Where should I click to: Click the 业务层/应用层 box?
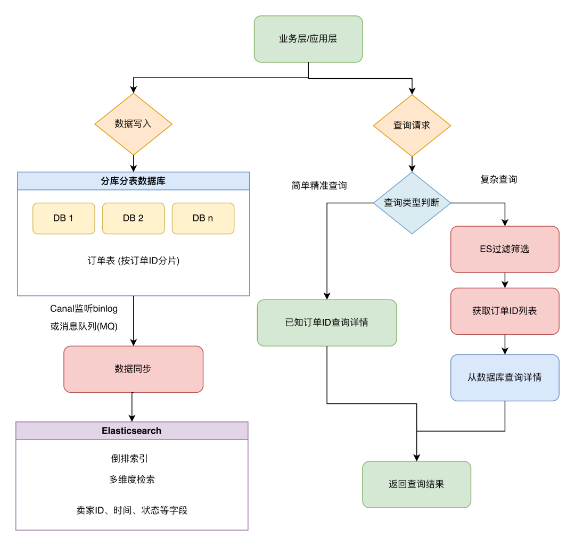(308, 39)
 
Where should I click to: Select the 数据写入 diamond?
(134, 124)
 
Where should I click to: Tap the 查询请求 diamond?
(412, 126)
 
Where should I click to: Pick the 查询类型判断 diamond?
(412, 203)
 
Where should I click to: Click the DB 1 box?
(63, 218)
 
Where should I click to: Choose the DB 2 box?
(133, 218)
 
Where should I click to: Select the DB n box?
(203, 218)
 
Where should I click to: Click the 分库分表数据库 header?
(133, 181)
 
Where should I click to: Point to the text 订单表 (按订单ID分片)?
(133, 261)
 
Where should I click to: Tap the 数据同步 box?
(133, 369)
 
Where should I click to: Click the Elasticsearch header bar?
(132, 431)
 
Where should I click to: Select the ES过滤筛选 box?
(504, 249)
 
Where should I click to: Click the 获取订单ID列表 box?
(504, 311)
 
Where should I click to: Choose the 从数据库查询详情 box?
(504, 377)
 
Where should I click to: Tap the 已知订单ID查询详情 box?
(326, 322)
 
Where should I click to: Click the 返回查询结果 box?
(416, 484)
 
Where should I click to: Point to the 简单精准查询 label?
(319, 186)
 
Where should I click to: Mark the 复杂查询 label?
(498, 180)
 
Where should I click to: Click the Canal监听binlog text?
(84, 309)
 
